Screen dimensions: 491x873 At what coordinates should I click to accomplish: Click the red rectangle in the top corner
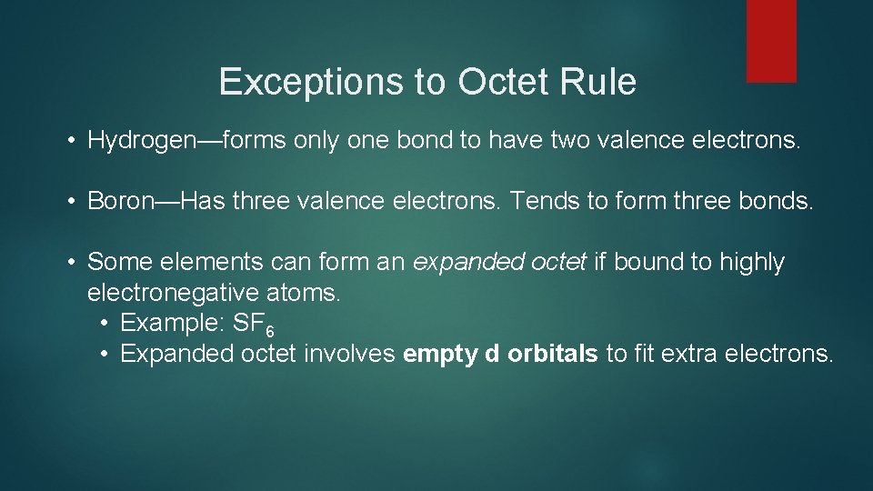pos(771,41)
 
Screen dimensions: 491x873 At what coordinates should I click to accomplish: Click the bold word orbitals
pos(553,354)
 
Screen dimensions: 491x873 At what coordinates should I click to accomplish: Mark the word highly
pos(751,263)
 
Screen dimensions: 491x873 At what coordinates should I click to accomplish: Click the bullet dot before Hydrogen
pos(71,141)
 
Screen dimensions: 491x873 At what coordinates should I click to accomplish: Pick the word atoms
pos(306,293)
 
